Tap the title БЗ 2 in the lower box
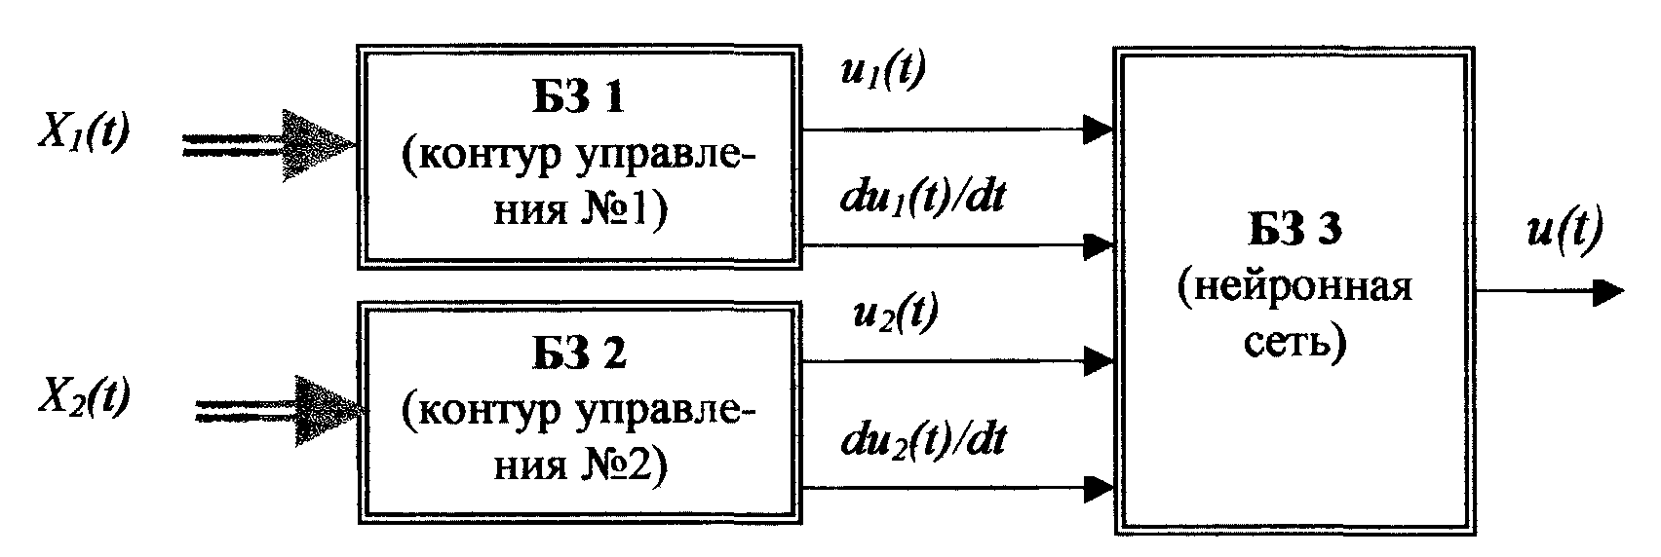click(x=579, y=355)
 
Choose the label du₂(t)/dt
click(x=921, y=440)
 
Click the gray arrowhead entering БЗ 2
click(x=326, y=407)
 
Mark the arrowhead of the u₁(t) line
click(x=1100, y=129)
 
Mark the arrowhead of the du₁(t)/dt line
click(x=1100, y=243)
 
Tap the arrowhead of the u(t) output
click(x=1608, y=291)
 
